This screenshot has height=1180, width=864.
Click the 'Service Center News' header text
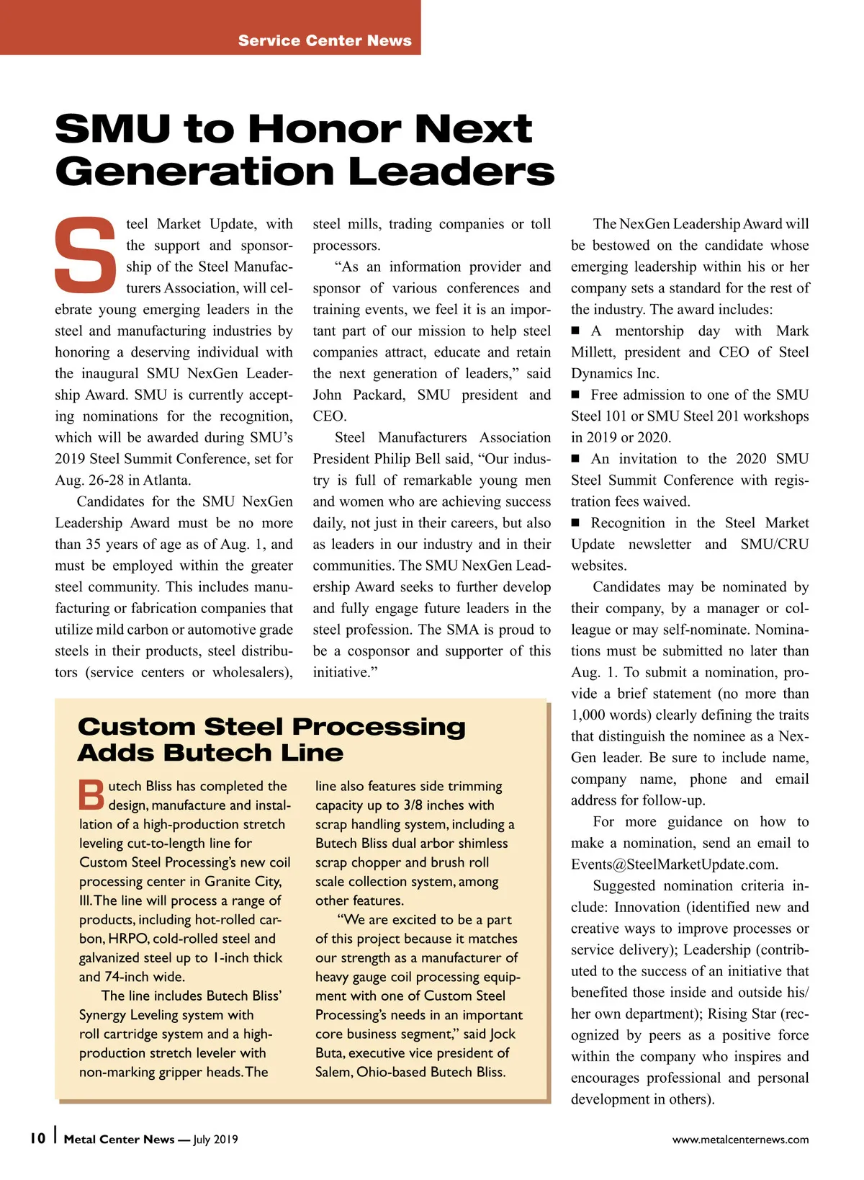325,40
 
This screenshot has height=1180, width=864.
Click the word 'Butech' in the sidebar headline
216,753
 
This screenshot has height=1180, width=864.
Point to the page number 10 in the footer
37,1138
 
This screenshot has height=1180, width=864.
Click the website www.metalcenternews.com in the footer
740,1140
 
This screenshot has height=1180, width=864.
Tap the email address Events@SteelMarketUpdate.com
673,864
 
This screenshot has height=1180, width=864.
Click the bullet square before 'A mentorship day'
575,331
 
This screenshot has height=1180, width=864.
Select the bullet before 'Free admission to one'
575,395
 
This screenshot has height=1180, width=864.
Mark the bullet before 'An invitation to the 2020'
575,460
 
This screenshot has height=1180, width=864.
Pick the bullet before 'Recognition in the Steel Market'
575,524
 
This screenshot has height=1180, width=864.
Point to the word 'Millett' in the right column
593,352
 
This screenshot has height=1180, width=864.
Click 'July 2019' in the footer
215,1140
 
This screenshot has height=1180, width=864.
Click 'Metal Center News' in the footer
119,1140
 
